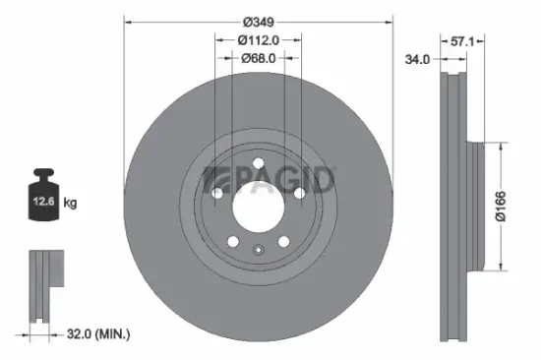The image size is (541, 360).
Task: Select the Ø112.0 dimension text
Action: (x=259, y=39)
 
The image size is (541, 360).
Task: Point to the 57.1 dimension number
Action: (x=462, y=43)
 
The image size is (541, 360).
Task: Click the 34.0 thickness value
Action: (x=417, y=60)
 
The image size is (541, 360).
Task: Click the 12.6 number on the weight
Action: (x=42, y=203)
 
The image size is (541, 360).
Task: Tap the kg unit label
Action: (x=71, y=203)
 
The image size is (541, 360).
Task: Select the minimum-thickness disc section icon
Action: (x=41, y=285)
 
